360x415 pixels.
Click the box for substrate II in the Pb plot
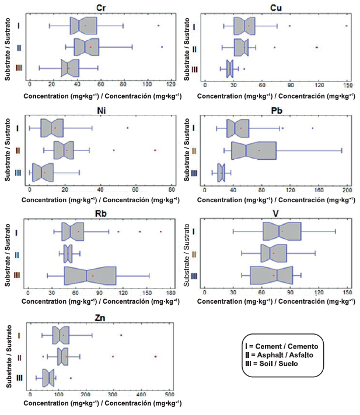pos(254,150)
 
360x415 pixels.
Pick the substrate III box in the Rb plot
pos(90,275)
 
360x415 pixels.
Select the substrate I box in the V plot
pos(282,231)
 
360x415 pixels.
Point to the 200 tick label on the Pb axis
pos(347,190)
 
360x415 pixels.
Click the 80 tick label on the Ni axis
pos(170,190)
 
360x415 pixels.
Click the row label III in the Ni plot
pos(18,173)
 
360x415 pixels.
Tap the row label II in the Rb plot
pos(18,254)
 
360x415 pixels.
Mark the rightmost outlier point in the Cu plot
pos(347,26)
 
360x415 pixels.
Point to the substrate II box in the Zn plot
pos(62,356)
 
